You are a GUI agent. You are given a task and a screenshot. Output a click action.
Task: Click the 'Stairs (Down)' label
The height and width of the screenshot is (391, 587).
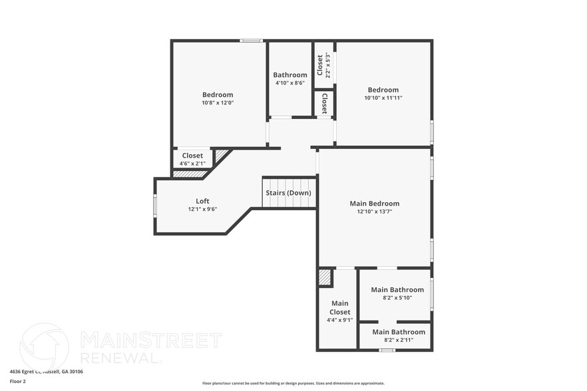click(x=289, y=193)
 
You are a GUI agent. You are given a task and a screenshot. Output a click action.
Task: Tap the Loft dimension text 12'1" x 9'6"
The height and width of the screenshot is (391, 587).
click(x=202, y=209)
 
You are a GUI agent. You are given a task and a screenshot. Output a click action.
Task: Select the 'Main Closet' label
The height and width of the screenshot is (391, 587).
click(x=339, y=307)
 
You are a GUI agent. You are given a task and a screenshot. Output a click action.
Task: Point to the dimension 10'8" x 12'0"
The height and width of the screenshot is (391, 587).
click(x=218, y=103)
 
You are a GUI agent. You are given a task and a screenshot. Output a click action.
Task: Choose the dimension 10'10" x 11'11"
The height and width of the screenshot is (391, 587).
click(x=383, y=98)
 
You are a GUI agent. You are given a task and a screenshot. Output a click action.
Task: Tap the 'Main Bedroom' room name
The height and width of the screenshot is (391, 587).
click(x=375, y=203)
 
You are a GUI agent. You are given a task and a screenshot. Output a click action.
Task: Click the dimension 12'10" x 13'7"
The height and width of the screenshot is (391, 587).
click(x=375, y=211)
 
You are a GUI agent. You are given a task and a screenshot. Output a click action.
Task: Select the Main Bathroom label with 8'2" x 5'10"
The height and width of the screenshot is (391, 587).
click(x=397, y=290)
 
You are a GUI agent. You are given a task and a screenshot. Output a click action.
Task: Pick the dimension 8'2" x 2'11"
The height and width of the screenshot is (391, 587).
click(x=399, y=340)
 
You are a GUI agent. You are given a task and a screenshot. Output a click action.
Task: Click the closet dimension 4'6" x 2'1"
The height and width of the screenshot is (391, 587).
click(x=192, y=163)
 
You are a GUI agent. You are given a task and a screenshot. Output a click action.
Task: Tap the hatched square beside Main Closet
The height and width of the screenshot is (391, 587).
click(x=325, y=277)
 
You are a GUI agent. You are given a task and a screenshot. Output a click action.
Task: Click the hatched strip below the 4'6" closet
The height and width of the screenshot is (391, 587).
click(x=190, y=174)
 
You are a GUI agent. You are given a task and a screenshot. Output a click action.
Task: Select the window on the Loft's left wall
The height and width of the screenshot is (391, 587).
click(x=155, y=205)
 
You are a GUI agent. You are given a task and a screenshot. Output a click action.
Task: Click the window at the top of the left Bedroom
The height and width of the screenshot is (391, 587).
click(x=251, y=41)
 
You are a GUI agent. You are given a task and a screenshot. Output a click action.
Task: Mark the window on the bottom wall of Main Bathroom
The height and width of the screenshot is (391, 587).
click(x=387, y=350)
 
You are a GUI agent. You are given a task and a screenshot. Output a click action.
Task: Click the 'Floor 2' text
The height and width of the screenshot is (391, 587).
click(x=17, y=382)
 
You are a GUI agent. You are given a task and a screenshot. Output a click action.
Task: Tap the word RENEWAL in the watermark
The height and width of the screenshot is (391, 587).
click(x=120, y=358)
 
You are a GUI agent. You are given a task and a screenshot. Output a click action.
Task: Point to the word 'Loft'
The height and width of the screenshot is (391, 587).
click(x=202, y=201)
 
